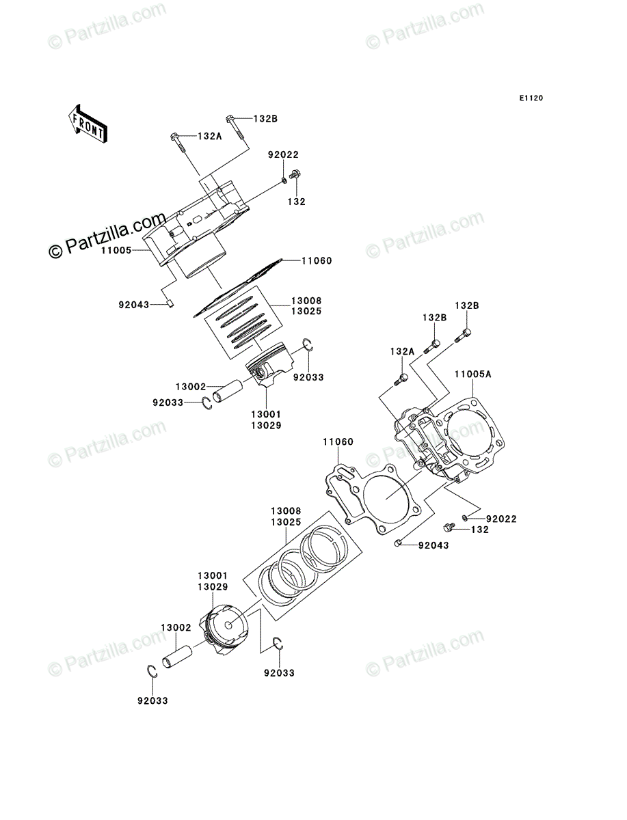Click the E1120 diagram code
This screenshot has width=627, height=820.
[x=530, y=98]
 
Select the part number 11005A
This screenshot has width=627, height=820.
[x=472, y=374]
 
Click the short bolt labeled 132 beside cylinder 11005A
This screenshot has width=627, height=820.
[x=449, y=528]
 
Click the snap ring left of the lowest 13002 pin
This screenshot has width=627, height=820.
[x=154, y=671]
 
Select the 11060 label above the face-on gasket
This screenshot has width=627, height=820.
[x=338, y=442]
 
